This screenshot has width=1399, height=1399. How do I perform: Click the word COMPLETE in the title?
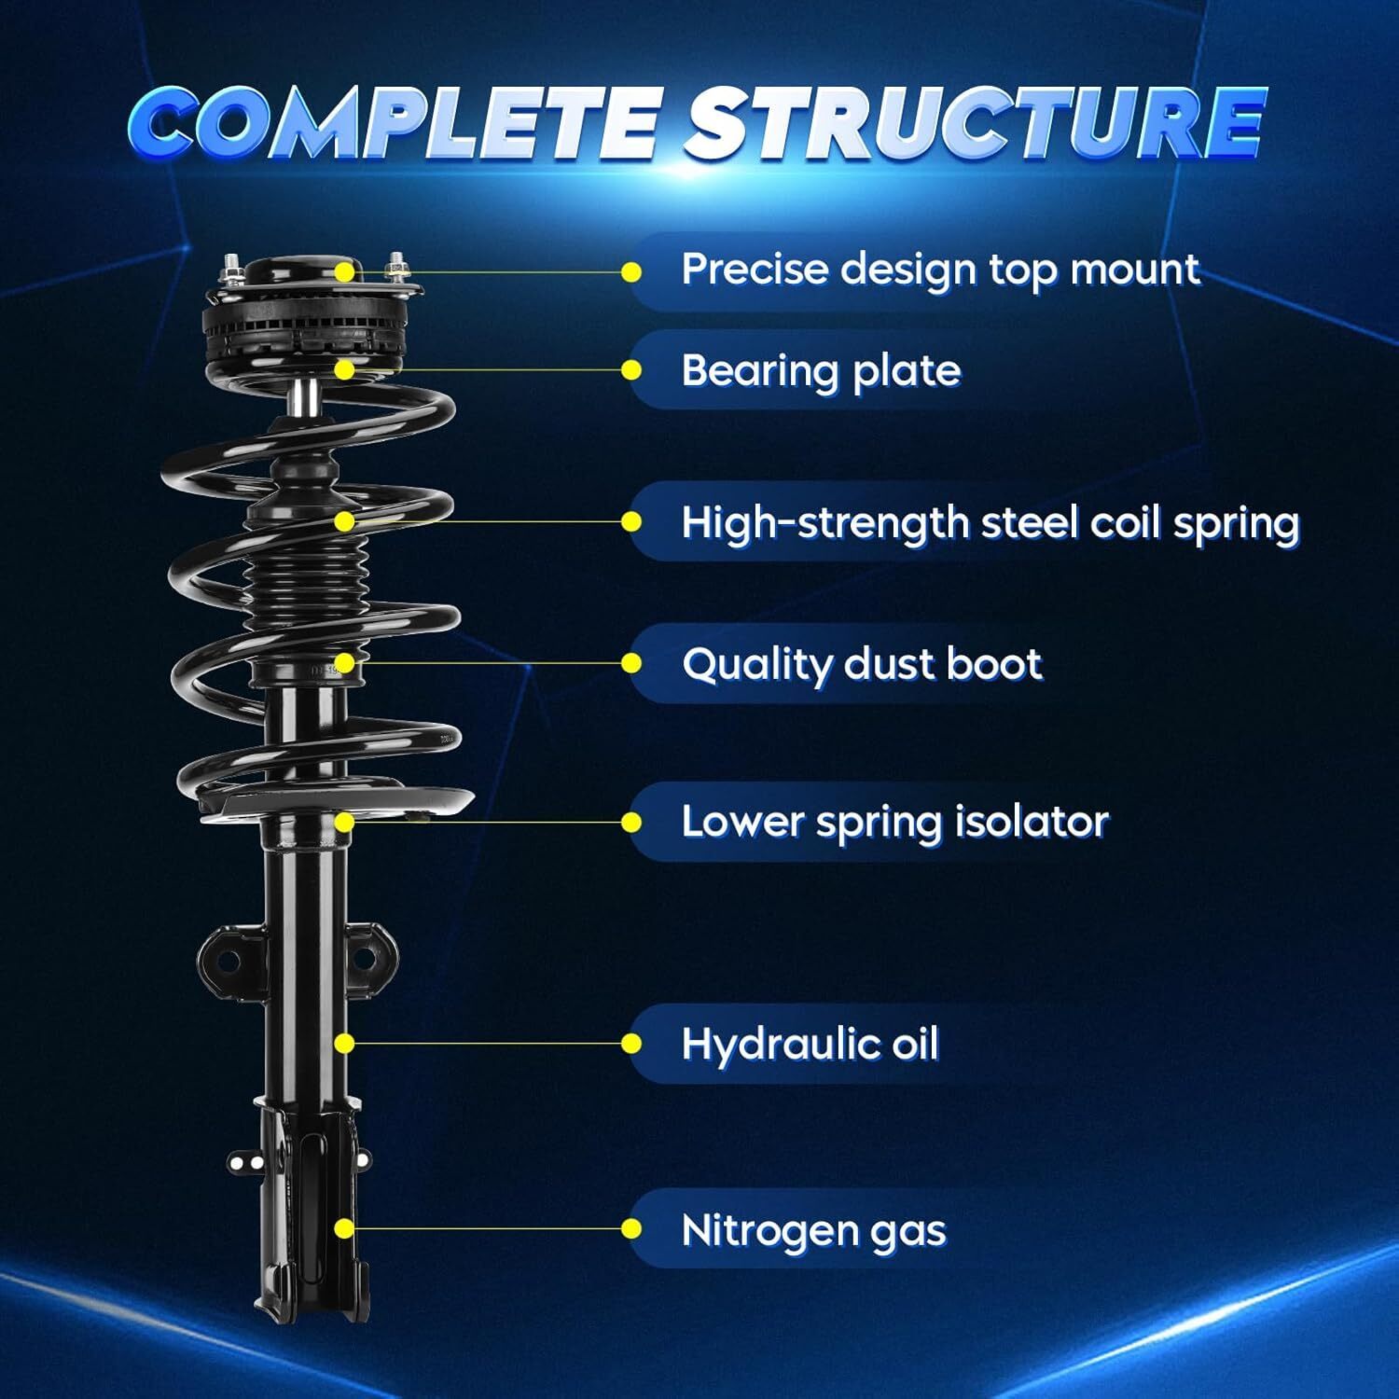(394, 123)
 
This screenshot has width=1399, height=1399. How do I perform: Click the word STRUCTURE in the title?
(974, 123)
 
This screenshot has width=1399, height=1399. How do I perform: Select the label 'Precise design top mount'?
(939, 270)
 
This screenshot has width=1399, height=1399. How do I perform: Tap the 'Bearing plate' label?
(821, 371)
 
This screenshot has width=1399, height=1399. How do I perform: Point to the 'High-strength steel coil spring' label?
(990, 522)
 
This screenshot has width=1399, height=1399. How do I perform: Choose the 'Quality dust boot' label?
(861, 664)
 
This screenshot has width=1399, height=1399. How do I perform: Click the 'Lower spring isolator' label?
(894, 823)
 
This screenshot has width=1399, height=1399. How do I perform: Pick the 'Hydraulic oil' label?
(810, 1044)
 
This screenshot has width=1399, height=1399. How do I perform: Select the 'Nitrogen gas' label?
(813, 1230)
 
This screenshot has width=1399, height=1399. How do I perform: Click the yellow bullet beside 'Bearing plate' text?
(631, 371)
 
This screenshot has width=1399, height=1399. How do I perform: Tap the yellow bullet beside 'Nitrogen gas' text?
(631, 1229)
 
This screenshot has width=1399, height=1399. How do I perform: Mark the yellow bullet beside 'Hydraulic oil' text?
(631, 1044)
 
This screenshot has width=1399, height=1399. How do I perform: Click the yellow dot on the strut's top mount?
(345, 272)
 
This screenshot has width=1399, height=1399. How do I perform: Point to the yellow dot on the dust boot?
(345, 663)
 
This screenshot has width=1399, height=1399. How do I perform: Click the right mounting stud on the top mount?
(395, 268)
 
